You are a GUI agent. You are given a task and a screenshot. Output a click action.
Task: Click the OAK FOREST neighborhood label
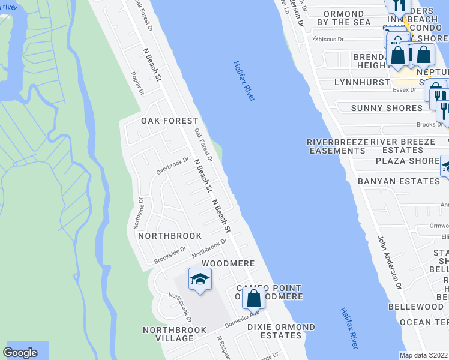[161, 121]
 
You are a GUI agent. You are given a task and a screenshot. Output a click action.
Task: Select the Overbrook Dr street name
[172, 166]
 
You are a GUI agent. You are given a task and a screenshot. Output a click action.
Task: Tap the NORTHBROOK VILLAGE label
[175, 334]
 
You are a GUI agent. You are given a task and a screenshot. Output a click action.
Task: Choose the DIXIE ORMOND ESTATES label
[281, 331]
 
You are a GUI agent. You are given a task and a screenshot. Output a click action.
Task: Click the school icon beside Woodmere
[200, 279]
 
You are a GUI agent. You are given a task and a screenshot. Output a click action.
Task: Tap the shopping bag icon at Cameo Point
[254, 298]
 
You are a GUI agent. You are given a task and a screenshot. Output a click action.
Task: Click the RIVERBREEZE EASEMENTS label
[336, 146]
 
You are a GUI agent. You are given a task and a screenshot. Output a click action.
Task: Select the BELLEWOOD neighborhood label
[415, 307]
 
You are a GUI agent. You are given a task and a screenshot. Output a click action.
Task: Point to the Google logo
[20, 353]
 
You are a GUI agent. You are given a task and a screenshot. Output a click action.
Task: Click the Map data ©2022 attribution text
[424, 355]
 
